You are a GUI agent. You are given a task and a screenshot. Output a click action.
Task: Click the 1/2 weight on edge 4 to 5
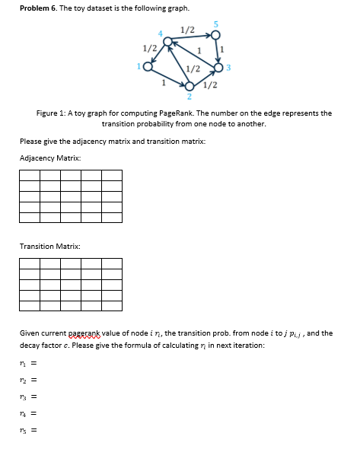click(188, 30)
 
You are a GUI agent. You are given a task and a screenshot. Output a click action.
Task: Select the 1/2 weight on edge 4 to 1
click(149, 50)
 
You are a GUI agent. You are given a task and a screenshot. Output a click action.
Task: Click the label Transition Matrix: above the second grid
click(49, 246)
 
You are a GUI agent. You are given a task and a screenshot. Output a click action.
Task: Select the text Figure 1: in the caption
click(53, 113)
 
